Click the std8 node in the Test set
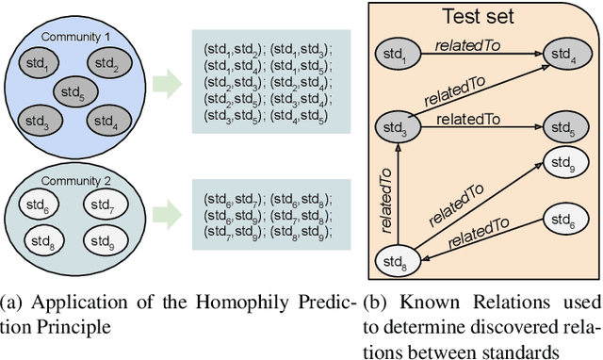tap(398, 258)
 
